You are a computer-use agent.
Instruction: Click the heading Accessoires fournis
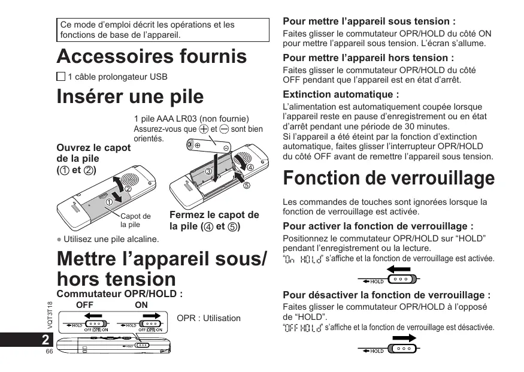152,56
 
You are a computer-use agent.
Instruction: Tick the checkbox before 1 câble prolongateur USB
61,77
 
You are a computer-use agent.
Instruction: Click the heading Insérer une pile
130,96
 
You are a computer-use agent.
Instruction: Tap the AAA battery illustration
208,144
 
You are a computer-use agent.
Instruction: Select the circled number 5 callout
246,185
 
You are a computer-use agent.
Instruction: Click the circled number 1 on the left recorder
109,202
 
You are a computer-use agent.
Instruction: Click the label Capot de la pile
135,220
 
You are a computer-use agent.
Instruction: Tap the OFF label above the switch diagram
85,305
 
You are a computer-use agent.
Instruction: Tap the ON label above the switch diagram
141,305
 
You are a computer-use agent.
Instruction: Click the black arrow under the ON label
152,316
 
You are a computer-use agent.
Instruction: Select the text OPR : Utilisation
209,318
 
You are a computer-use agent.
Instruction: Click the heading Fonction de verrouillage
389,178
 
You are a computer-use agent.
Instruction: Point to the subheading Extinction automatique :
341,95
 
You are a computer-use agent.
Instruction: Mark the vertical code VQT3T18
50,315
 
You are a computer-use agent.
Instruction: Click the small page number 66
50,352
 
